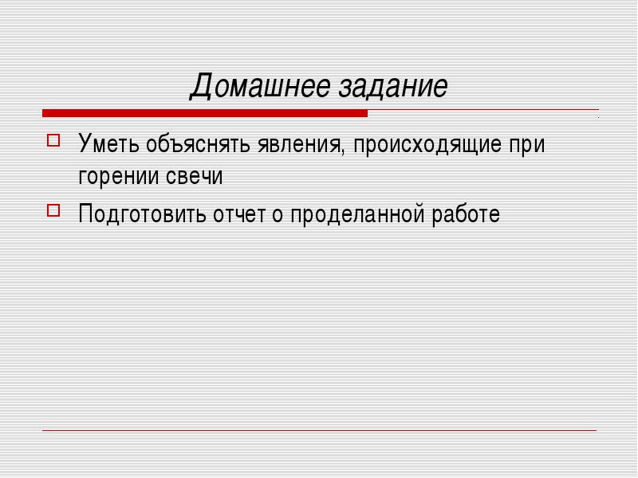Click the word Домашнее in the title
[x=261, y=86]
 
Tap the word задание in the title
[x=393, y=87]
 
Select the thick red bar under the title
[x=205, y=113]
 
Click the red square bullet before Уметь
[x=53, y=141]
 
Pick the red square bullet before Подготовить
[x=53, y=210]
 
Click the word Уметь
[x=108, y=143]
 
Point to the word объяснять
[x=198, y=143]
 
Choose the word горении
[x=118, y=177]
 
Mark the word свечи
[x=195, y=176]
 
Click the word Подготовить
[x=143, y=214]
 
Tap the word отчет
[x=239, y=214]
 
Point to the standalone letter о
[x=278, y=215]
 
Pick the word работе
[x=466, y=214]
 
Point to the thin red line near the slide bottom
[x=320, y=430]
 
